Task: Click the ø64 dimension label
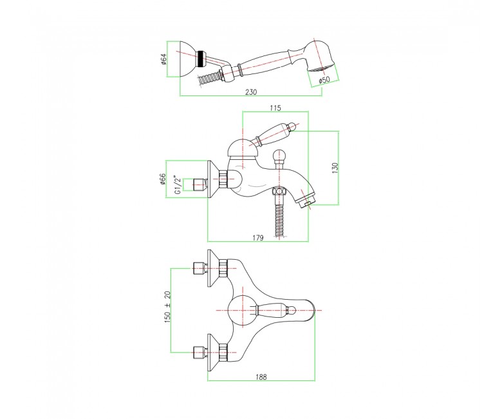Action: click(164, 59)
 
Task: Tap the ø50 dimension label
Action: click(324, 79)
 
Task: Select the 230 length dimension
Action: click(251, 92)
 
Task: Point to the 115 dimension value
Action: click(275, 108)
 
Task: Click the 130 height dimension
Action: click(335, 168)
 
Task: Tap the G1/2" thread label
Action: click(177, 184)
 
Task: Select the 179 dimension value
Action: click(257, 238)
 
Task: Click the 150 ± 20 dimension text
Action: click(167, 306)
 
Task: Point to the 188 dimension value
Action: click(261, 377)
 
